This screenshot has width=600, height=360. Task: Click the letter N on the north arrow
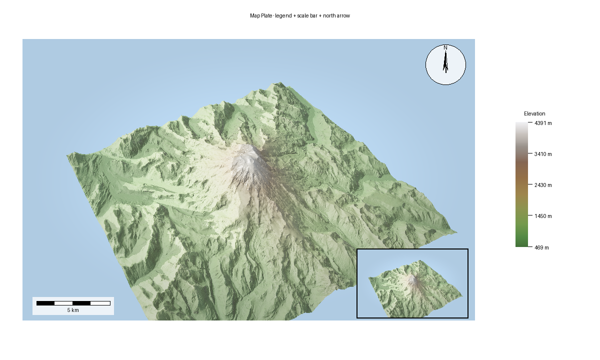click(x=445, y=47)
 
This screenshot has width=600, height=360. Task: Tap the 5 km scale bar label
click(x=73, y=310)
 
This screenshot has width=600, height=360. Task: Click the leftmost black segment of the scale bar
click(x=45, y=303)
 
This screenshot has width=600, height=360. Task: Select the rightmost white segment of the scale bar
click(x=100, y=303)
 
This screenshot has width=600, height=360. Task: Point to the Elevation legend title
click(x=534, y=113)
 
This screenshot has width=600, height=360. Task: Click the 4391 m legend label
click(x=543, y=123)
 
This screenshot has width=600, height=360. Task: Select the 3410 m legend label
click(x=543, y=154)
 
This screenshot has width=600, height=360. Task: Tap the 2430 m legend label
click(x=543, y=185)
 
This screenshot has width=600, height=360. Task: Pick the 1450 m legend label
click(x=543, y=216)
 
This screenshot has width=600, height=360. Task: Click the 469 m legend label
click(x=541, y=247)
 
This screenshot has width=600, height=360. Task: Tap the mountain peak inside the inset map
click(x=412, y=278)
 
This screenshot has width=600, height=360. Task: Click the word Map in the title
click(x=255, y=16)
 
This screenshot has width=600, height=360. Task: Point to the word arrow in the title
click(x=343, y=16)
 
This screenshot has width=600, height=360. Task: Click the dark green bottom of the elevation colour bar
click(x=521, y=244)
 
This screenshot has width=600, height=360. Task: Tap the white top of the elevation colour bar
click(x=521, y=125)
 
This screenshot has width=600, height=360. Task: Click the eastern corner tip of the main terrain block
click(x=456, y=232)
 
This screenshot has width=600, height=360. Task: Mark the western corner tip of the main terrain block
click(x=67, y=156)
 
